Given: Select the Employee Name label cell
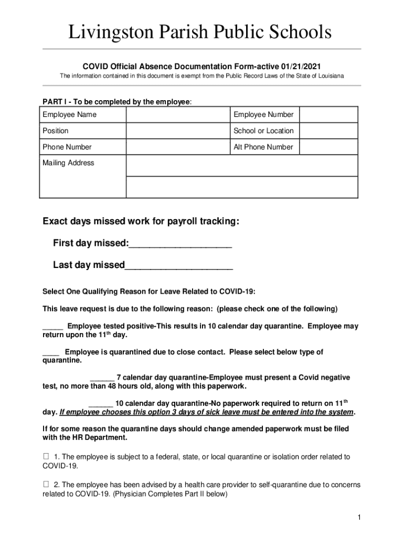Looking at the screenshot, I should (x=69, y=114).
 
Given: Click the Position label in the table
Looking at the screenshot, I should (x=56, y=131).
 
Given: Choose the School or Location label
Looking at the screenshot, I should (x=263, y=131).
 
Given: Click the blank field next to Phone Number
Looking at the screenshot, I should (x=177, y=147).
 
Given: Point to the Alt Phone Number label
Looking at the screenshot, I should (x=263, y=147).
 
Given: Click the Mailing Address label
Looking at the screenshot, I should (x=68, y=163).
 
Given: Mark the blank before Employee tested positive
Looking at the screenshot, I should (x=52, y=327).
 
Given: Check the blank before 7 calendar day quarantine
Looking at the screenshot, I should (x=102, y=378).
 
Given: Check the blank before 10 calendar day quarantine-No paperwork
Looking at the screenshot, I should (x=101, y=404).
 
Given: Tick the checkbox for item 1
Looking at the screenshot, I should (x=46, y=457).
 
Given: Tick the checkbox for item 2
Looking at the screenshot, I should (x=46, y=485).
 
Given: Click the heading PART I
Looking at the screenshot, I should (x=54, y=102).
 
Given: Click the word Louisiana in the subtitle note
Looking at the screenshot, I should (x=328, y=76).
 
